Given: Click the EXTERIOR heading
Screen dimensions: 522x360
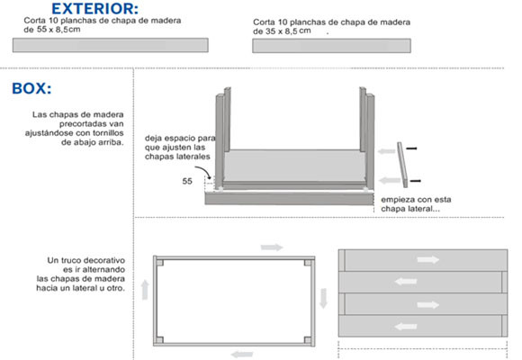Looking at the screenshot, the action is (94, 9).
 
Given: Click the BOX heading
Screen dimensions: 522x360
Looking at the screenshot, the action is (31, 88).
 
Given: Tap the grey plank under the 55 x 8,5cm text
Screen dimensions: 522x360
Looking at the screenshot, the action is (111, 45).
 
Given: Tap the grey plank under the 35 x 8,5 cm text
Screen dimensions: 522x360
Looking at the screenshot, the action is (331, 46).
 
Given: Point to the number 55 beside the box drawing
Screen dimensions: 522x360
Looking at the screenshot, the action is (187, 181).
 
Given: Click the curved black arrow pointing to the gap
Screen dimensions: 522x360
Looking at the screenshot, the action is (203, 172).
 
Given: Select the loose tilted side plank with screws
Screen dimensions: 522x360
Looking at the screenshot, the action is (402, 165).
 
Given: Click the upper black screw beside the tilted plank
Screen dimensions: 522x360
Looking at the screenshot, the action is (412, 148).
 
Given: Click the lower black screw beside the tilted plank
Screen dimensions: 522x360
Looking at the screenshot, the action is (416, 181).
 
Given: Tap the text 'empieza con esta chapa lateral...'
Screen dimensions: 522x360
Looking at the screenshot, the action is (416, 204).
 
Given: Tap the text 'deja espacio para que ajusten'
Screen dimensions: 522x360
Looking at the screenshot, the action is (180, 142).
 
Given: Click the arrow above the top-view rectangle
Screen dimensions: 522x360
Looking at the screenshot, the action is (272, 247).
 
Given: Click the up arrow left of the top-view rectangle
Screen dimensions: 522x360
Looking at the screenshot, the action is (145, 290).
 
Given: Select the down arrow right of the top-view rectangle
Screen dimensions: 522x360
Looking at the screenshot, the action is (323, 299).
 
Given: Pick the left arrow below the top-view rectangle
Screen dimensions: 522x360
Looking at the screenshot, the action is (242, 355).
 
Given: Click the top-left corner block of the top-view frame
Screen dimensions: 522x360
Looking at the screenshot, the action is (160, 263).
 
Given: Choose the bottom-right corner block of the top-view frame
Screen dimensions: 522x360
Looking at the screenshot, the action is (308, 340).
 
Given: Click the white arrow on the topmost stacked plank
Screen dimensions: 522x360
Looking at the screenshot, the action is (427, 260).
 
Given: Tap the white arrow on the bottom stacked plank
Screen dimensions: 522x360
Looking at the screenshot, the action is (406, 327).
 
